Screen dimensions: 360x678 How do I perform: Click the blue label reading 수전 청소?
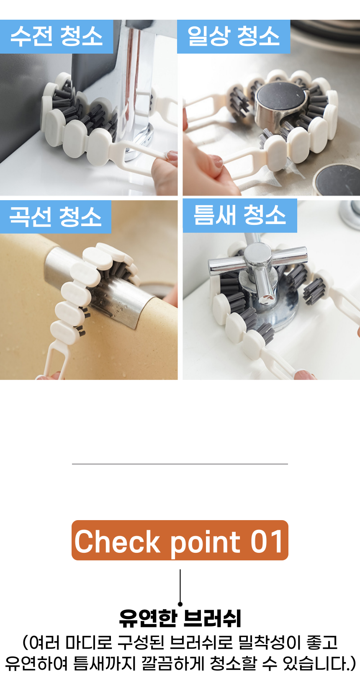(x=57, y=36)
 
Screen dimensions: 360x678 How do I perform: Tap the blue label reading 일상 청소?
(x=234, y=36)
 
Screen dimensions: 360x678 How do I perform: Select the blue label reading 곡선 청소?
(x=55, y=217)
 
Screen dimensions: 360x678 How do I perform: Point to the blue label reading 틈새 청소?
(x=239, y=216)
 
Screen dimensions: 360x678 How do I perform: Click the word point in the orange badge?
(x=206, y=543)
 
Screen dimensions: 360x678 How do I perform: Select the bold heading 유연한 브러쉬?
(x=180, y=618)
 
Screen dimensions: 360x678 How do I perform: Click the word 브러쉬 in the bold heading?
(x=212, y=618)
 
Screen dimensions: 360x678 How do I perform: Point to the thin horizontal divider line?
(x=180, y=464)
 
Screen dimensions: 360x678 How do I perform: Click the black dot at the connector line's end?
(x=180, y=604)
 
